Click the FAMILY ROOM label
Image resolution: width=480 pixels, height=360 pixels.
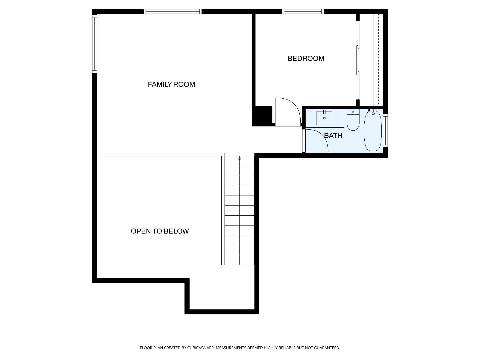coord(171,84)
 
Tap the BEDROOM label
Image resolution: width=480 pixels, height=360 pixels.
coord(306,58)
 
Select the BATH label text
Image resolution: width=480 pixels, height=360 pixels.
coord(333,136)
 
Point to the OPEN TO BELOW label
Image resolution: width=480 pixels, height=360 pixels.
coord(160,231)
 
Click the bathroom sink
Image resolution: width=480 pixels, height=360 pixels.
coord(324,118)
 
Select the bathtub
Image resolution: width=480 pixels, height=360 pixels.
coord(373,131)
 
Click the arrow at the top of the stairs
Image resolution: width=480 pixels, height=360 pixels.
coord(239,158)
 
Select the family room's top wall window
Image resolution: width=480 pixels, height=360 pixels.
coord(172,12)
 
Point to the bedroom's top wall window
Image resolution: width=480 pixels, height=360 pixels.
coord(303,12)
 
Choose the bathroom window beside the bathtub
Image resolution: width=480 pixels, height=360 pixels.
coord(385,130)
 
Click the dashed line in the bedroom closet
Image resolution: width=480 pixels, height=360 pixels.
coord(378,60)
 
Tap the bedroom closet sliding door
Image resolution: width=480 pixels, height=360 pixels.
coord(358,60)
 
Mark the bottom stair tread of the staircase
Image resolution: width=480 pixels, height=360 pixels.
coord(239,260)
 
